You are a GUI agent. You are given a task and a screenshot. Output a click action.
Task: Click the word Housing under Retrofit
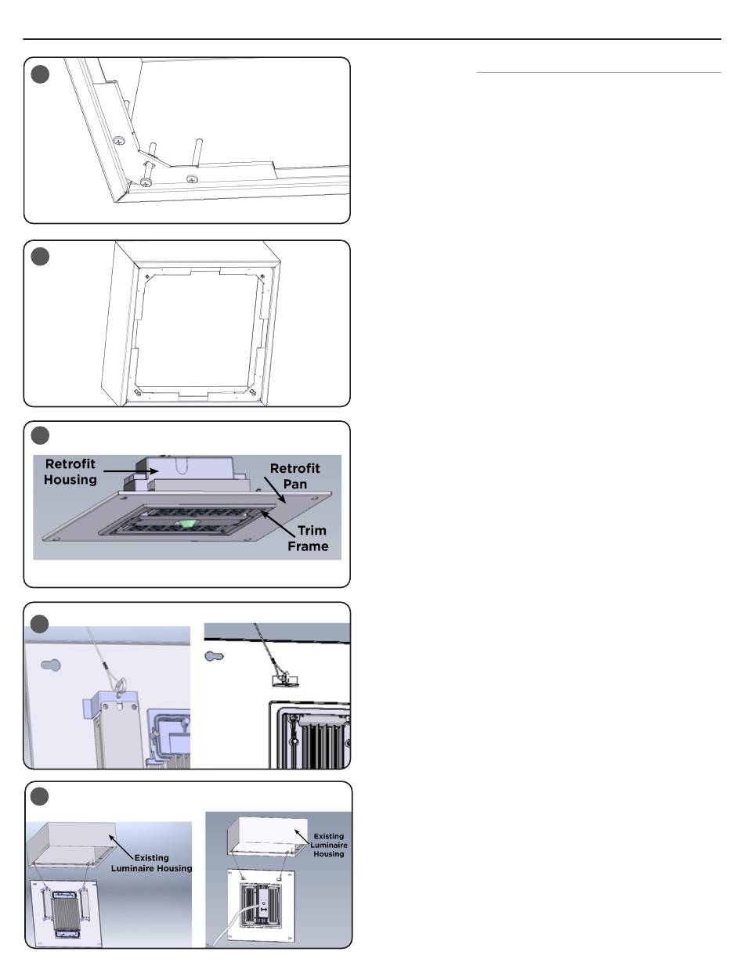click(70, 480)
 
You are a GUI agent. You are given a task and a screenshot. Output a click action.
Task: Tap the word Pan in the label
click(294, 485)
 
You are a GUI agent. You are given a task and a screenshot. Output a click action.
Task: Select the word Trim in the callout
click(312, 531)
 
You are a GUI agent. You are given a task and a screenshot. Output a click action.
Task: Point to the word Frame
click(308, 546)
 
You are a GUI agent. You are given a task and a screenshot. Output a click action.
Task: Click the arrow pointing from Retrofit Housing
click(131, 471)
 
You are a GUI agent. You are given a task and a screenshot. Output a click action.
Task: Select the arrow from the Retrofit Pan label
click(275, 491)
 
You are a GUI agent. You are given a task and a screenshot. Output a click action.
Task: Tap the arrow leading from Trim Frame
click(277, 524)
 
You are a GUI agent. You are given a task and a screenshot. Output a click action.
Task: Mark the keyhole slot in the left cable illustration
click(50, 665)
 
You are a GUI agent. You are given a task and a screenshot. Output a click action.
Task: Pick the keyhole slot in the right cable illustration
click(214, 655)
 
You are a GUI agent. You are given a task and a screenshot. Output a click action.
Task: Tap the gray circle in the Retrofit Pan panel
click(40, 435)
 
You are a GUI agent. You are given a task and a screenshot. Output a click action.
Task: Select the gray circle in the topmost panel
click(40, 74)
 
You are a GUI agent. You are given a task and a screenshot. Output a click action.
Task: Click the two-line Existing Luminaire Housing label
click(151, 863)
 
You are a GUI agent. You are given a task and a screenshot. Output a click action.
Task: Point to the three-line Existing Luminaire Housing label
click(329, 845)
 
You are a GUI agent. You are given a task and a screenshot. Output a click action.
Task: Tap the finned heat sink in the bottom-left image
click(65, 913)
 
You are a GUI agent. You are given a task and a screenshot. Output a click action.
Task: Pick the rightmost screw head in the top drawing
click(192, 179)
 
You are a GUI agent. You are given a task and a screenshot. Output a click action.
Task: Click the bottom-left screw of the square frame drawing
click(139, 394)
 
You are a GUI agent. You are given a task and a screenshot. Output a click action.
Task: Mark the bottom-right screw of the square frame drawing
click(252, 394)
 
